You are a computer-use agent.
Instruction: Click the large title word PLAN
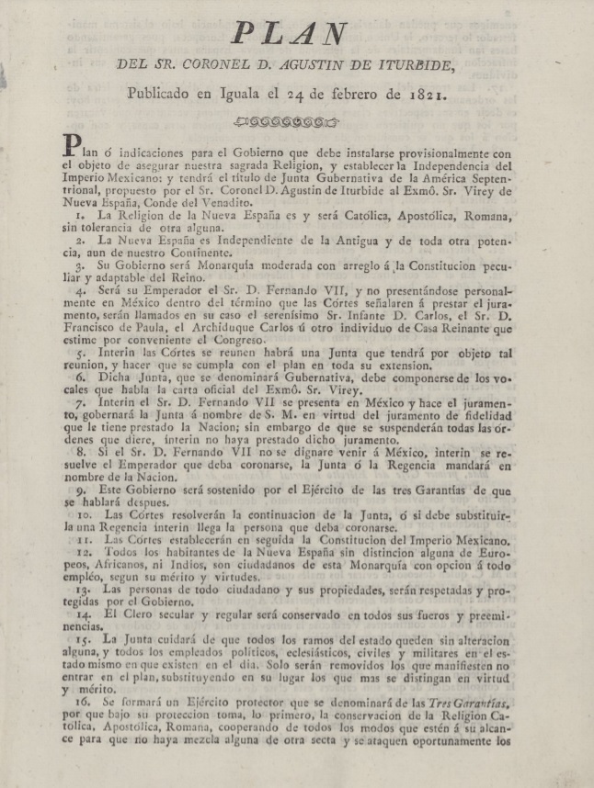click(287, 33)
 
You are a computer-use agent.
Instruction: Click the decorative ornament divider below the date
click(287, 120)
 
